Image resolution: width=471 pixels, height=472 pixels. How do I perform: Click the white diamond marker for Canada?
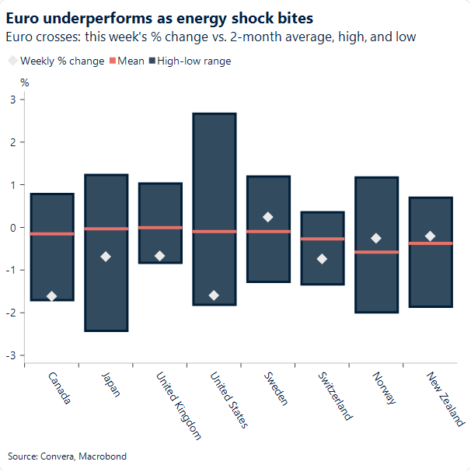pyautogui.click(x=52, y=296)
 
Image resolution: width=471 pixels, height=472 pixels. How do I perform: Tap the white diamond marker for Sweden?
pyautogui.click(x=268, y=217)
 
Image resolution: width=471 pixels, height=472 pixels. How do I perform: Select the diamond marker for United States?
pyautogui.click(x=214, y=295)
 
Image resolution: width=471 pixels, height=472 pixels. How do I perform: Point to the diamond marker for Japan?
pyautogui.click(x=106, y=257)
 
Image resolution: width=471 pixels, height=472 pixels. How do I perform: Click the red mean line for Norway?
pyautogui.click(x=376, y=252)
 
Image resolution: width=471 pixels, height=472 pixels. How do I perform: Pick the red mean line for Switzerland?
pyautogui.click(x=322, y=239)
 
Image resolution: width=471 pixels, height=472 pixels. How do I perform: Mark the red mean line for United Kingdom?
pyautogui.click(x=160, y=228)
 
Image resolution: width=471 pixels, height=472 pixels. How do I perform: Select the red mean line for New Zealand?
pyautogui.click(x=430, y=243)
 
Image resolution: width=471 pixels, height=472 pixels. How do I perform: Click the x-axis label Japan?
pyautogui.click(x=111, y=385)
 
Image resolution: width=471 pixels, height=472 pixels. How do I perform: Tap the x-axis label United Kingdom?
pyautogui.click(x=178, y=405)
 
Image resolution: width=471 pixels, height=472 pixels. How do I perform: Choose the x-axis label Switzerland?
pyautogui.click(x=335, y=396)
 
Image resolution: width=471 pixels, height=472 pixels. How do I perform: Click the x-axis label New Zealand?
pyautogui.click(x=445, y=399)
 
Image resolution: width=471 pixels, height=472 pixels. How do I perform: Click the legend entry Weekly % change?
pyautogui.click(x=61, y=61)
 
